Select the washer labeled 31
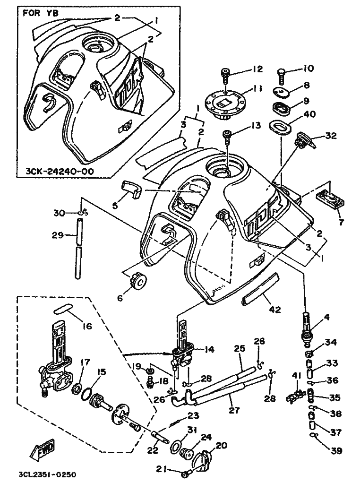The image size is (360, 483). [176, 445]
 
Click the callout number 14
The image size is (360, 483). [209, 349]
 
